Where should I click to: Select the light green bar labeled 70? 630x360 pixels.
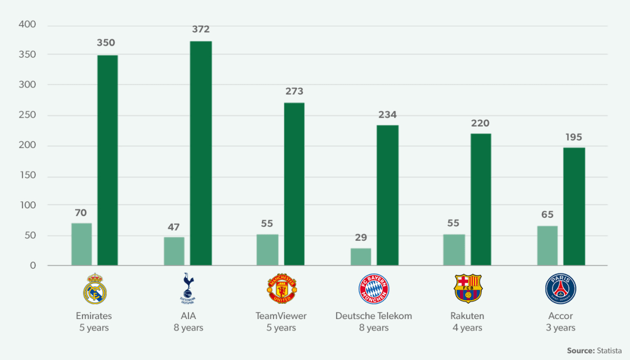pos(81,244)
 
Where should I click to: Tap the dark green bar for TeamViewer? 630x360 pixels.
pos(294,184)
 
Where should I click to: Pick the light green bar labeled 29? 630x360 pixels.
pos(361,257)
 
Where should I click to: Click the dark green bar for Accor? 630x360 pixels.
pos(574,206)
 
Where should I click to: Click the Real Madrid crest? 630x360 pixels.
pos(94,289)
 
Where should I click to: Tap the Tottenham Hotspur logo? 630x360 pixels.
pos(188,289)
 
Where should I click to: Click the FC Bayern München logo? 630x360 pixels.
pos(374,289)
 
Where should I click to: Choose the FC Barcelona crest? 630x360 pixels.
pos(467,289)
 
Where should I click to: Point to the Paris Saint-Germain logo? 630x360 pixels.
pos(561,289)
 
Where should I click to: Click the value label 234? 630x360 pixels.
pos(387,115)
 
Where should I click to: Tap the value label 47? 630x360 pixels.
pos(174,227)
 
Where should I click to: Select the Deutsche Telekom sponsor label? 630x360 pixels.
pos(374,316)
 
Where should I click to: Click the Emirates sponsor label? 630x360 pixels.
pos(94,316)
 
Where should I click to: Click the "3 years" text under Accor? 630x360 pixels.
pos(561,328)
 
